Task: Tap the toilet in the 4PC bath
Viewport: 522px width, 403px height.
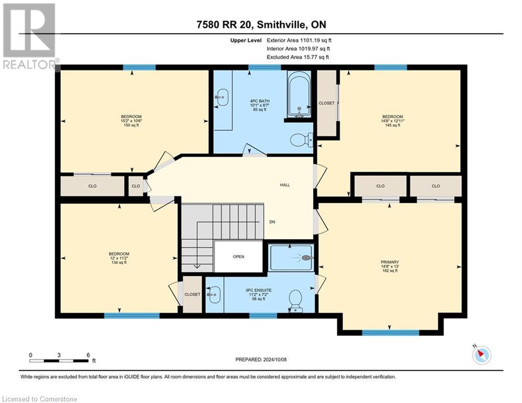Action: (300, 140)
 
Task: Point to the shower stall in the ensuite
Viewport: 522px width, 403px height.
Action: (291, 257)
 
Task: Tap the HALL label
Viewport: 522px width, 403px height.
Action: (285, 185)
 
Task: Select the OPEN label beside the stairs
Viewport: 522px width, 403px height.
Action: (238, 257)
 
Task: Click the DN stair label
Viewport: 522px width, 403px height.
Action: (272, 222)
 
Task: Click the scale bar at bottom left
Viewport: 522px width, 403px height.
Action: (59, 360)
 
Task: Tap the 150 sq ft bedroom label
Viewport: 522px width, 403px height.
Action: (132, 121)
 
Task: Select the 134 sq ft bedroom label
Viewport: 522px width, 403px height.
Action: (119, 258)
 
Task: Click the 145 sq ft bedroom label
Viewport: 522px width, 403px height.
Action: (392, 121)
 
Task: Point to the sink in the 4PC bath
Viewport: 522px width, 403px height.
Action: (222, 96)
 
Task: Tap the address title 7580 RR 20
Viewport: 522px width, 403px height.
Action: (261, 25)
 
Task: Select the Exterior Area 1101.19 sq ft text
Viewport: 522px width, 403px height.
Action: (299, 40)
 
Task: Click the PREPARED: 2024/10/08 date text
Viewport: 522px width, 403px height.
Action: (261, 359)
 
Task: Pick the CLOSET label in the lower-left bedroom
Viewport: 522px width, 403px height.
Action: (192, 294)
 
